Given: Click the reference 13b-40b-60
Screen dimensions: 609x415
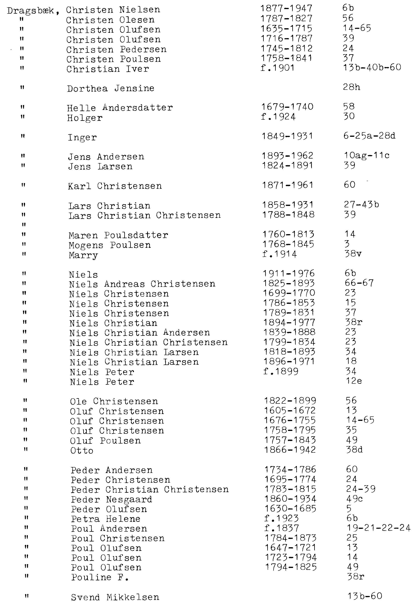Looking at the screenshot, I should coord(372,67).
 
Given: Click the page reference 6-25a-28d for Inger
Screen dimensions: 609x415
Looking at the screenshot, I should coord(369,136).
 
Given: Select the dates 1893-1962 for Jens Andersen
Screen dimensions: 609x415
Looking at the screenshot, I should coord(288,156).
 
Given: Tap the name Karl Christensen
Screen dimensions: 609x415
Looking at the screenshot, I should coord(115,186).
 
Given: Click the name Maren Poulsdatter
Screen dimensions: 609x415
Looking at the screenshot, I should coord(118,235).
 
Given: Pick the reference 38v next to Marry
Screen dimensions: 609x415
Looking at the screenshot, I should coord(353,254).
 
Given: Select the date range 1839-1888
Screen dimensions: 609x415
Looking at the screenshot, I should coord(289,332).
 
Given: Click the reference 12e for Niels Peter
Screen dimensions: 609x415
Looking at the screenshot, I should coord(354,381).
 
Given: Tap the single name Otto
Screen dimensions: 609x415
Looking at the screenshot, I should coord(82,451).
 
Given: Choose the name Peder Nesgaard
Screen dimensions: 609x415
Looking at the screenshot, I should coord(111,499).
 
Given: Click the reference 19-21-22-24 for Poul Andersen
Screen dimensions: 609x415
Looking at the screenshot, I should coord(378,528).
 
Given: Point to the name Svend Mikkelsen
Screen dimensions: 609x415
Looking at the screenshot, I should coord(115,597).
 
